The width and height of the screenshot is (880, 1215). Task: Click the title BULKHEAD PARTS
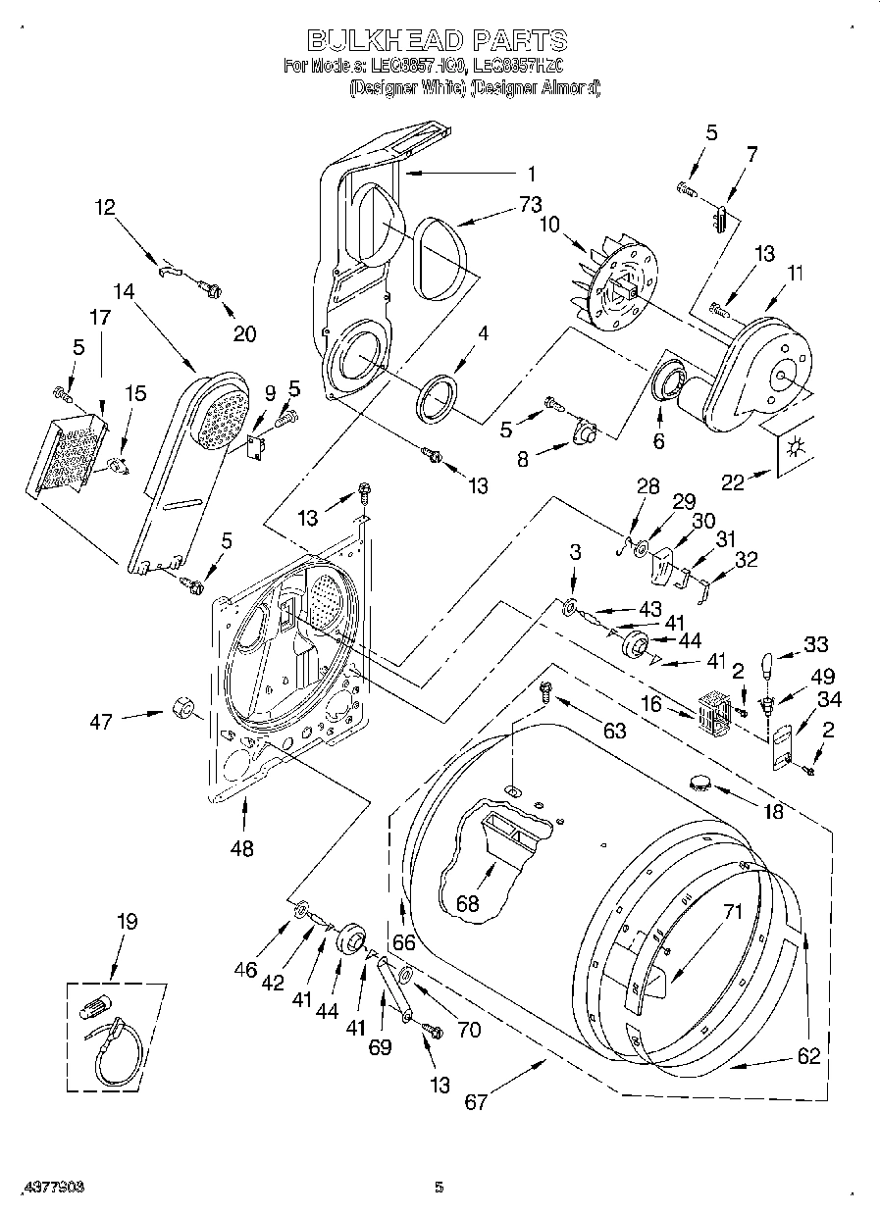pos(438,40)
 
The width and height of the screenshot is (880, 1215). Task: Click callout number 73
pos(530,205)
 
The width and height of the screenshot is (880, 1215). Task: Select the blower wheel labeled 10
pos(614,279)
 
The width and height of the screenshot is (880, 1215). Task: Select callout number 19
pos(127,922)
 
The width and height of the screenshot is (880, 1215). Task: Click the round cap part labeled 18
pos(700,781)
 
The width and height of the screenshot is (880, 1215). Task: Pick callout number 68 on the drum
pos(467,903)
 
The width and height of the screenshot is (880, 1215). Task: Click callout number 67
pos(475,1101)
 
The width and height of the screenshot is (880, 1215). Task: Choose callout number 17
pos(101,318)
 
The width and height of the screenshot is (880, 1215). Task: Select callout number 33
pos(815,644)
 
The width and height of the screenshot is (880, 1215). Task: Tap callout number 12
pos(105,207)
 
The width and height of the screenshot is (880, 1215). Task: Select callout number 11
pos(795,274)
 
